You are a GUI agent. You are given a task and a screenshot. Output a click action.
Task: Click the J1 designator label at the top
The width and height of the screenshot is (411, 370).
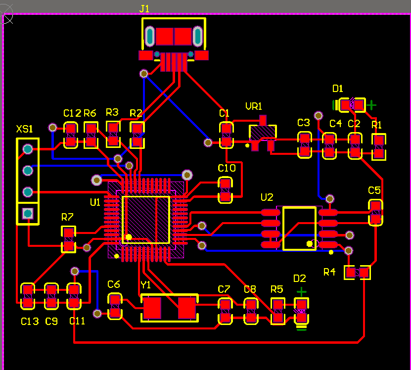coord(144,9)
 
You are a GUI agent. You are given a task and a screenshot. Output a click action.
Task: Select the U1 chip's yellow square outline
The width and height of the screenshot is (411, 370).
coord(146,220)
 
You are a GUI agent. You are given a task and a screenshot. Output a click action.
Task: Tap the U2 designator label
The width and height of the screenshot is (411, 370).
coord(267,197)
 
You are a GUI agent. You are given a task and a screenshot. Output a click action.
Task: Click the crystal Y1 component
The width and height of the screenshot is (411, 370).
coord(169,308)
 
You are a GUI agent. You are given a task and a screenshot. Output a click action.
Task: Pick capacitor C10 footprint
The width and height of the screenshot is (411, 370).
coord(226,190)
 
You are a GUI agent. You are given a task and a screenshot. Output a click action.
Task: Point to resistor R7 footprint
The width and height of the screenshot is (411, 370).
coord(68,239)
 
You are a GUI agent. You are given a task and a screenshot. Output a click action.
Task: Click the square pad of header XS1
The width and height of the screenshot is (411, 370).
coord(28,213)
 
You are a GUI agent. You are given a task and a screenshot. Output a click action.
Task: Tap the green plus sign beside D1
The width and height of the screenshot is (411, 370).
coord(370,105)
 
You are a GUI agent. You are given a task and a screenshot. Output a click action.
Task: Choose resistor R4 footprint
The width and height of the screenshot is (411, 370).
coord(357,272)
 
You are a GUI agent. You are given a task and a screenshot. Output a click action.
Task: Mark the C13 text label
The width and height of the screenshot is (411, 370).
coord(30,322)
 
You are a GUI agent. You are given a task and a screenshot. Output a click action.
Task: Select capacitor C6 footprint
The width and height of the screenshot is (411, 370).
coord(115,306)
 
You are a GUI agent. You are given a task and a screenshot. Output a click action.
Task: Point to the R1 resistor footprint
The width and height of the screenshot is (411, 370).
coord(379,146)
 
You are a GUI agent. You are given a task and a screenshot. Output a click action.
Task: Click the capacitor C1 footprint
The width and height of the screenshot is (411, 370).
coord(226,135)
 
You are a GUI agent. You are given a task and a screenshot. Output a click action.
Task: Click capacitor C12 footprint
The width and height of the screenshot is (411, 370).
coord(71,135)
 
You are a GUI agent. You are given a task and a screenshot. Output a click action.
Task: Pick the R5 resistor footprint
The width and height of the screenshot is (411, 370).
coord(277,311)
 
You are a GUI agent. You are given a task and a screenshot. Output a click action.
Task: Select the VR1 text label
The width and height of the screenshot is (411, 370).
coord(254,106)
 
